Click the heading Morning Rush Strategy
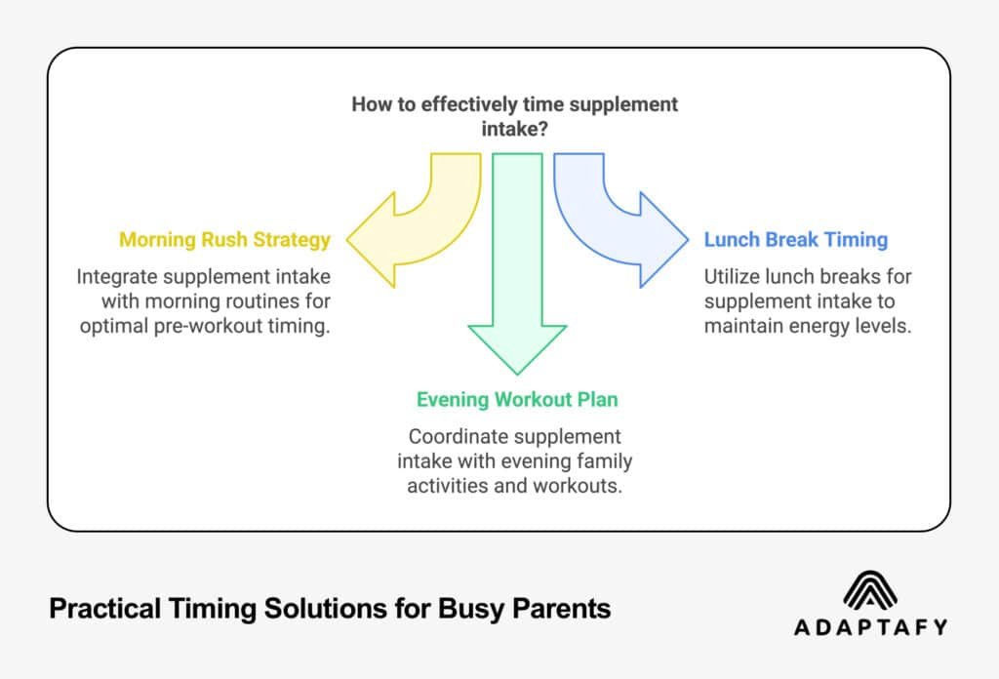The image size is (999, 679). point(224,239)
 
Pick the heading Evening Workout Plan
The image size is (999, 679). point(517,400)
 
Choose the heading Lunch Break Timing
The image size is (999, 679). point(796,239)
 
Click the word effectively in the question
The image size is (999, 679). point(462,104)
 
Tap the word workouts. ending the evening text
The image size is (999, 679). point(577,485)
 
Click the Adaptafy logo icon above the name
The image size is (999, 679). point(871,590)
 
